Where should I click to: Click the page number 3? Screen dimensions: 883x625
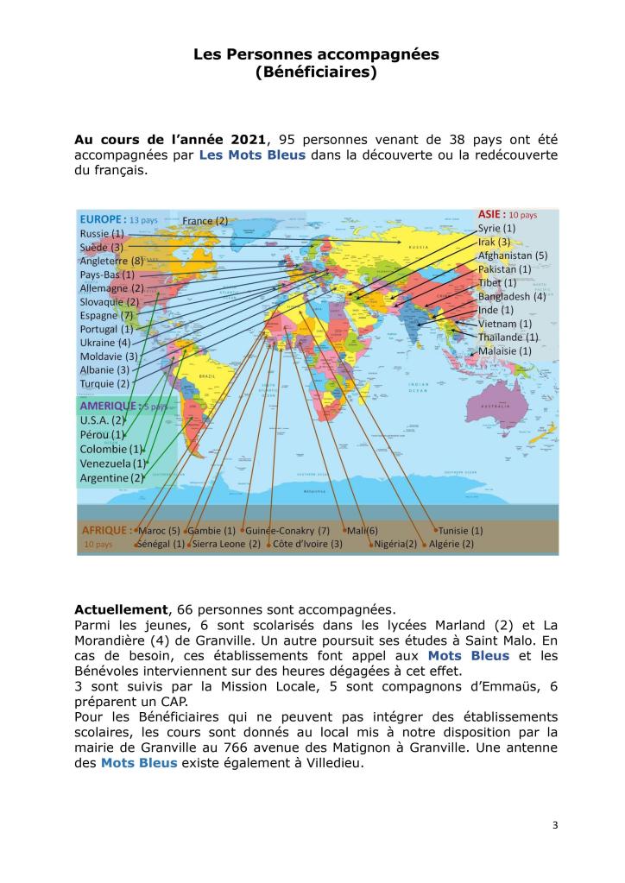pos(555,825)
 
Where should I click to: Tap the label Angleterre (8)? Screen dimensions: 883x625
pos(111,261)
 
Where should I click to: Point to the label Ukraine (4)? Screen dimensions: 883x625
pos(105,343)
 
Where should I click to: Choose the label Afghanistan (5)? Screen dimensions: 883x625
pos(513,255)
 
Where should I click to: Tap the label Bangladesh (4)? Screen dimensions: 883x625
pos(512,296)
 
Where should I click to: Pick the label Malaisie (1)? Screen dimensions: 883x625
pos(505,351)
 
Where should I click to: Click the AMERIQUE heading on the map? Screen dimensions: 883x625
pos(109,406)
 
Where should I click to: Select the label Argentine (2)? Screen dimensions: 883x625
pos(112,477)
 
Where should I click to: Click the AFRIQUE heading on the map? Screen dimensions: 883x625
pos(106,529)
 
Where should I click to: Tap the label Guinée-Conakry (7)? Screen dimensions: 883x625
pos(288,530)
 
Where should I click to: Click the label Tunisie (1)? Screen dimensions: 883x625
pos(460,530)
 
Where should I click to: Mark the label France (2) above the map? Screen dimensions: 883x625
pos(205,221)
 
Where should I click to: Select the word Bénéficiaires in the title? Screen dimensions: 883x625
pos(316,73)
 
